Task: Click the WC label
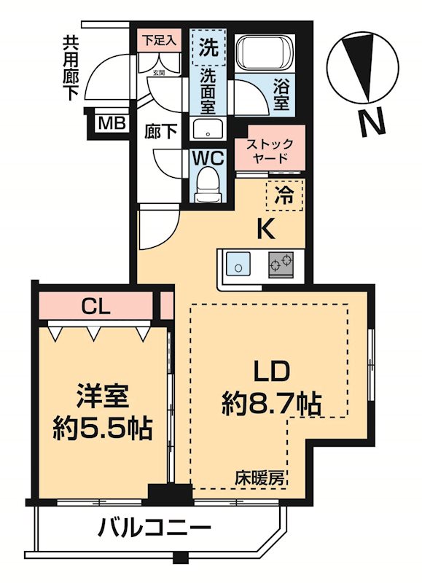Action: tap(208, 157)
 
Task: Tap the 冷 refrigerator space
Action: tap(287, 195)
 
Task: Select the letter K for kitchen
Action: tap(265, 230)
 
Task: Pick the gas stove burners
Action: tap(282, 264)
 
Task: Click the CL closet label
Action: tap(95, 307)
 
